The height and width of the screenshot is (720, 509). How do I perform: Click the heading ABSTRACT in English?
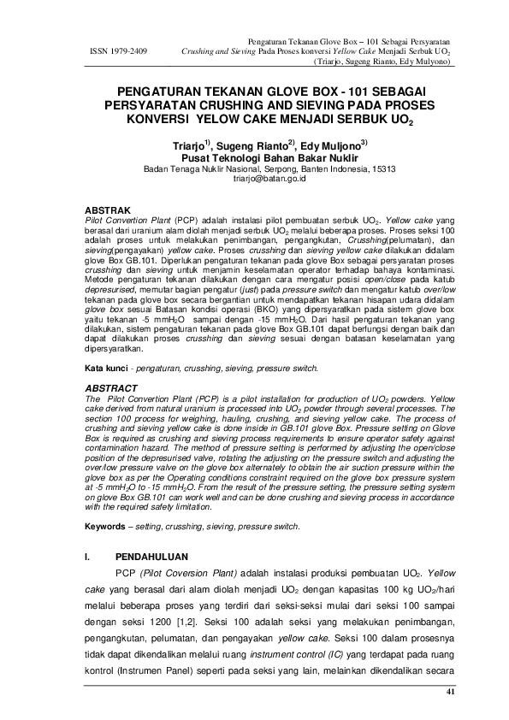tap(113, 388)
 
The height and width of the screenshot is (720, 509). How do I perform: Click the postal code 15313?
tap(382, 169)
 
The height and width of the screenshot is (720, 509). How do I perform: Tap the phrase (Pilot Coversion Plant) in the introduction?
tap(188, 572)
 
